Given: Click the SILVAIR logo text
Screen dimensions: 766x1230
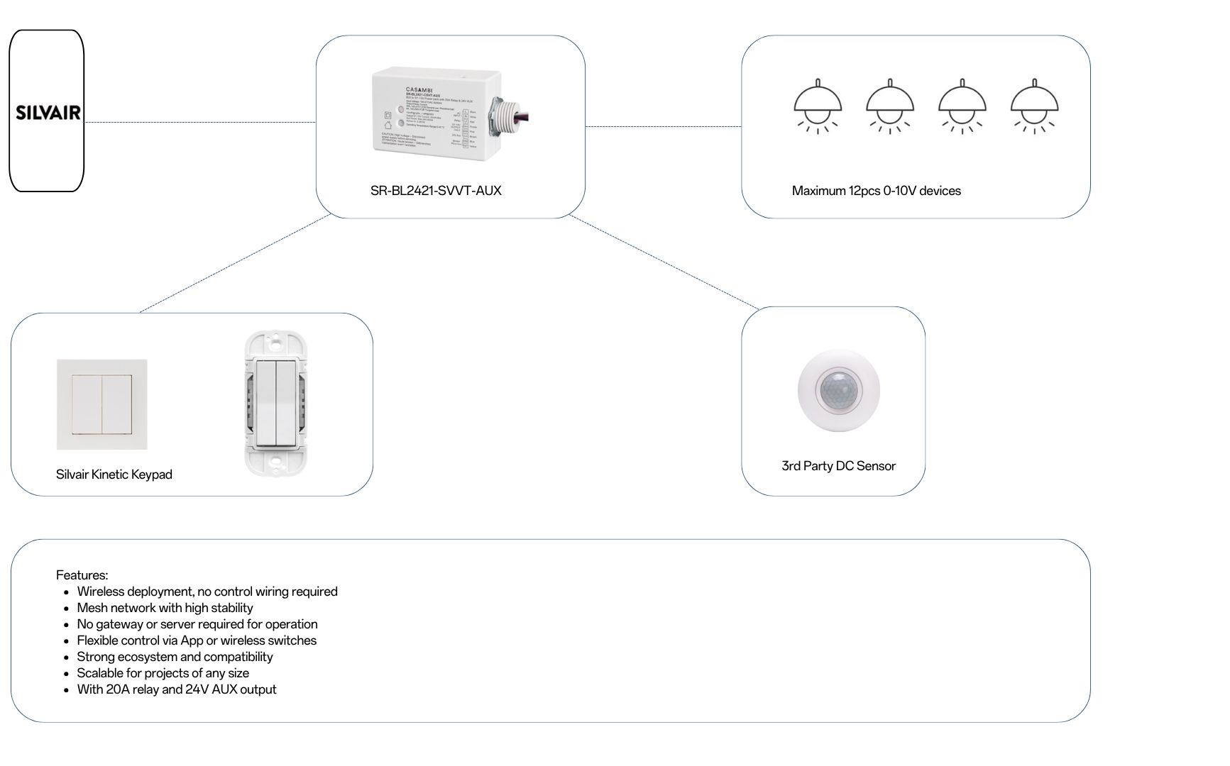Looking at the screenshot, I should tap(48, 113).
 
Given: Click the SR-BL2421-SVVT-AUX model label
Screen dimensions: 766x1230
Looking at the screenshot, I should tap(435, 191).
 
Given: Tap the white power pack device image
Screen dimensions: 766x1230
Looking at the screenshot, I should tap(433, 113).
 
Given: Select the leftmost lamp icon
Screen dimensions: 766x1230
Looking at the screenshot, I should tap(818, 106).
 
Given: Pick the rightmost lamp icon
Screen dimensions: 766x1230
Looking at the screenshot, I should tap(1034, 106).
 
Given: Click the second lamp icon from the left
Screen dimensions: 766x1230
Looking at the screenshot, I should tap(889, 106).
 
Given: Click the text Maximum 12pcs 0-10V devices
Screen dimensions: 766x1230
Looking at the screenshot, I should tap(876, 191).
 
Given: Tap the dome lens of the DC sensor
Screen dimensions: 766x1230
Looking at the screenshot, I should tap(839, 389).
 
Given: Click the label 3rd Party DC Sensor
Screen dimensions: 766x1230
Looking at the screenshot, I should tap(838, 466).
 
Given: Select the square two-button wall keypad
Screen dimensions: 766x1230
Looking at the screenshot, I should tap(102, 404).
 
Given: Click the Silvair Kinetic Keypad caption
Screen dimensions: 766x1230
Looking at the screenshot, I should tap(114, 474).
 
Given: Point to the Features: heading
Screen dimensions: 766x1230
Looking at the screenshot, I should tap(82, 575).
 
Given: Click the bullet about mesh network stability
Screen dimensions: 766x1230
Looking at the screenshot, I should tap(165, 608).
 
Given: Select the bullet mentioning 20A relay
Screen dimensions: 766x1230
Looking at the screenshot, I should tap(176, 689).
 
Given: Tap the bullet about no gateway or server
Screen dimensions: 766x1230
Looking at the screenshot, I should tap(197, 624).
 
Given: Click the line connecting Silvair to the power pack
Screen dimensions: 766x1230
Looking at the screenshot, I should tap(199, 122).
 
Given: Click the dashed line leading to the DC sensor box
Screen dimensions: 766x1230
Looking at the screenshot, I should tap(664, 262).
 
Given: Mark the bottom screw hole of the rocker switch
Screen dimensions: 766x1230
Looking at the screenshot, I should tap(275, 462).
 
